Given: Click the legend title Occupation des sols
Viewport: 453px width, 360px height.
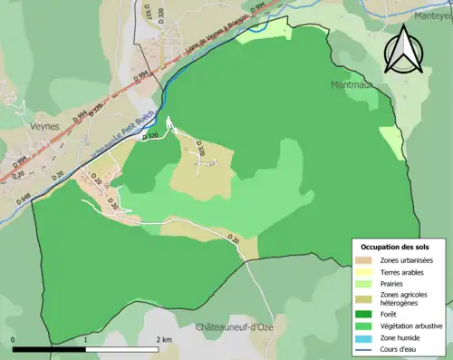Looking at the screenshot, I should (395, 247).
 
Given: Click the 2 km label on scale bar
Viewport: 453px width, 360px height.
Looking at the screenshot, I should (163, 340).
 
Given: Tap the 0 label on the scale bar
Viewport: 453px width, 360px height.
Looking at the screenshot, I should (14, 340).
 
